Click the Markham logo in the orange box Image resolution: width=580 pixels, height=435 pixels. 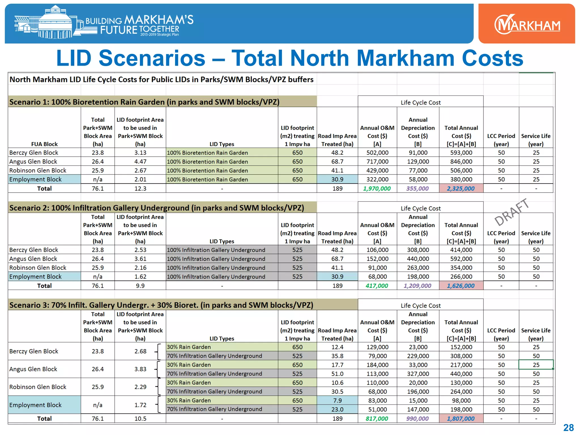527,24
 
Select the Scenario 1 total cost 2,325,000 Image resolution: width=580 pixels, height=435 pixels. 461,189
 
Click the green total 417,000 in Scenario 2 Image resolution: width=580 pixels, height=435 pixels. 377,286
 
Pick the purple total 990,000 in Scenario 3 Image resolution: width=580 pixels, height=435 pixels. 417,419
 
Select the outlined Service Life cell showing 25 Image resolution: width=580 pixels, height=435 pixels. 536,365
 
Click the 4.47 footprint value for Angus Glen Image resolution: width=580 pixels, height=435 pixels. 140,162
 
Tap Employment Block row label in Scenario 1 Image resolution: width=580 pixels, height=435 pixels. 35,180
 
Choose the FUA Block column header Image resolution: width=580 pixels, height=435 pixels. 44,144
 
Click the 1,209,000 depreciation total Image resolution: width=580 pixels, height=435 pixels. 417,286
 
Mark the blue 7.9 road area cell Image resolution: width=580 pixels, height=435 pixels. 337,400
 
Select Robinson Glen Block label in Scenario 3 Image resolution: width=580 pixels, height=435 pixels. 38,387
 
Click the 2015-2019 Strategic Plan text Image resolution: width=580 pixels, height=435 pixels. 159,35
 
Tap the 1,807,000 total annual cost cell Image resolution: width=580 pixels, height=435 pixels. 461,419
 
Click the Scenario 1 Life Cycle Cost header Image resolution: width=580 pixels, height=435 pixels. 421,103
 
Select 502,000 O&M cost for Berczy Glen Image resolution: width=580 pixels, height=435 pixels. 377,153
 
